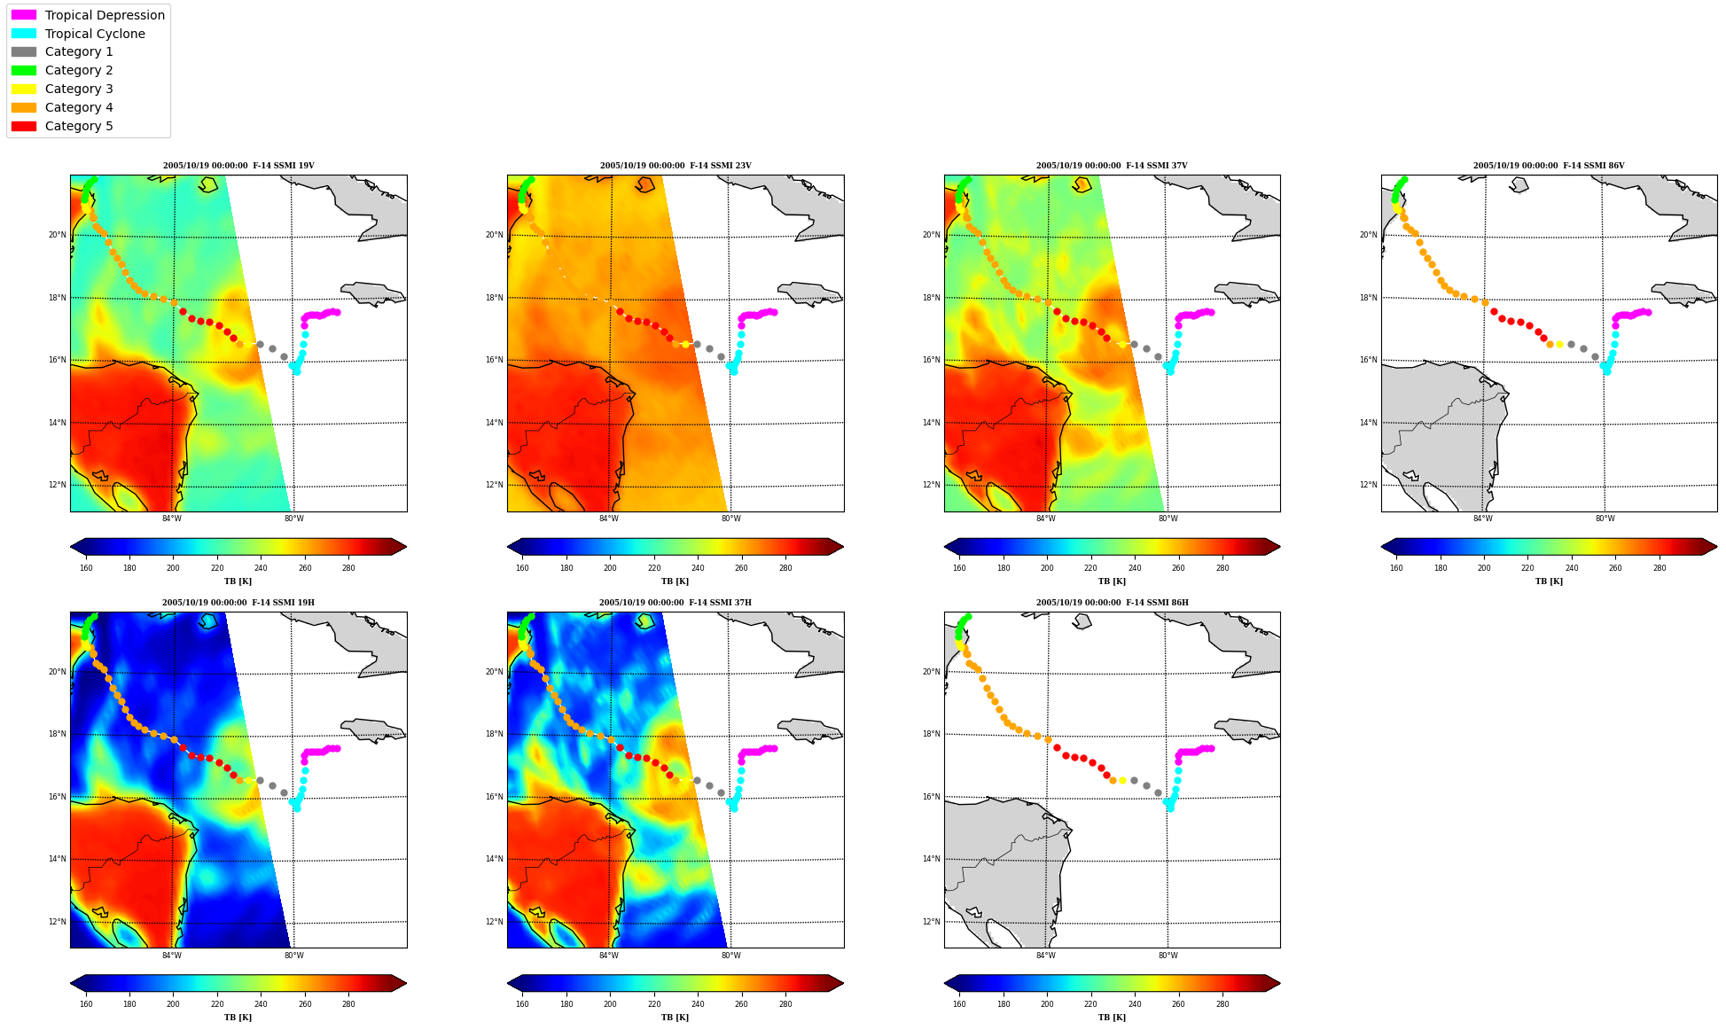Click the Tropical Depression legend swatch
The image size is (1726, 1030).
point(24,15)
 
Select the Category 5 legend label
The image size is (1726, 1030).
point(79,126)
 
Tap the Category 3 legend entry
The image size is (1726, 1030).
point(62,89)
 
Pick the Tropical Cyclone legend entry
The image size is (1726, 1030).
point(78,34)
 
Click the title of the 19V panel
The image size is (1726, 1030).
point(238,166)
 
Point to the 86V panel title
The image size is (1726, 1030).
point(1549,166)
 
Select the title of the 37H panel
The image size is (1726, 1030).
point(676,603)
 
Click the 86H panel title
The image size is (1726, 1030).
point(1113,603)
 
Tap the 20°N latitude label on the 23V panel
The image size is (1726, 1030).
point(494,235)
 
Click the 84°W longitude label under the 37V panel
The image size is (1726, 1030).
point(1046,519)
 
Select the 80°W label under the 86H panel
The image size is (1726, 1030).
point(1168,956)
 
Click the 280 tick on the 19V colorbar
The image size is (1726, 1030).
point(348,568)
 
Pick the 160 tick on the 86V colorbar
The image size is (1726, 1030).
point(1396,568)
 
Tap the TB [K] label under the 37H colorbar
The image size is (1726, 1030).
point(675,1018)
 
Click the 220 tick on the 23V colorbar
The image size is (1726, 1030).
point(654,568)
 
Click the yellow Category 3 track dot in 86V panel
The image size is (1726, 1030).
point(1559,344)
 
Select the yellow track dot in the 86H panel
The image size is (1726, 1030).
point(1122,781)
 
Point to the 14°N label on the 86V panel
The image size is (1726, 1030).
point(1368,423)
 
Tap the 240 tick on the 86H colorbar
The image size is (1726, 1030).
point(1135,1005)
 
